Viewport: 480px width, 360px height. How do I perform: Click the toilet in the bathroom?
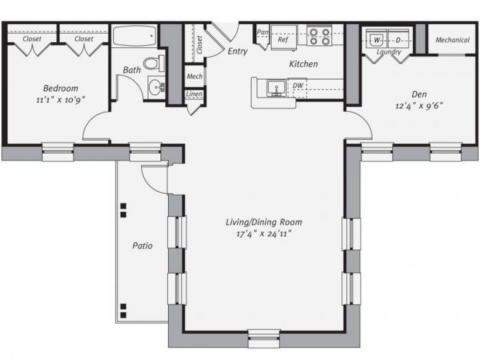[x=154, y=63]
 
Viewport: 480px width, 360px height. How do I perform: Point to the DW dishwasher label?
[x=297, y=85]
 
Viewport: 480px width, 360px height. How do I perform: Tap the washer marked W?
[x=376, y=40]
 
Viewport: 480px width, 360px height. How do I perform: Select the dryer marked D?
[x=398, y=40]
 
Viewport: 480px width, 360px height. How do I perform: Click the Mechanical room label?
[x=452, y=40]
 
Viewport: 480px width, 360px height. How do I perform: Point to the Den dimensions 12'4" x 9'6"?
[x=419, y=106]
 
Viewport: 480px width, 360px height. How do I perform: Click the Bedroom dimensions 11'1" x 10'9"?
[x=60, y=100]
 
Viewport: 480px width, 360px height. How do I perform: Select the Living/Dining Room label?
[x=264, y=222]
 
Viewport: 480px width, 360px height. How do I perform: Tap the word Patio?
[x=142, y=246]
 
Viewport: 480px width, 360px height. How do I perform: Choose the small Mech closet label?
[x=195, y=76]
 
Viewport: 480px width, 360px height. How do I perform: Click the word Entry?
[x=238, y=51]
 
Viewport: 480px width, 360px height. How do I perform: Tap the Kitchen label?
[x=304, y=64]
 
